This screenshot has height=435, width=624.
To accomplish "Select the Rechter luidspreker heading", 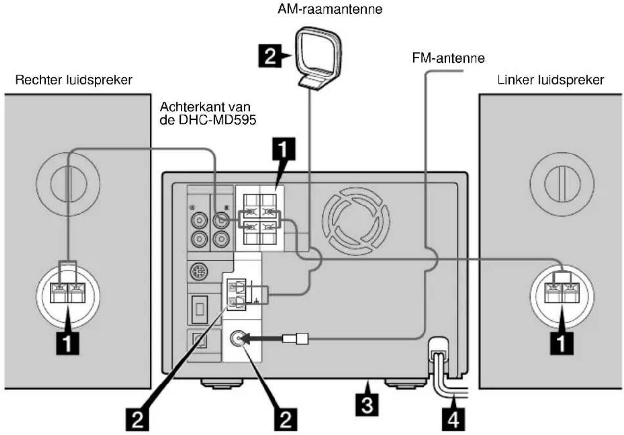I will [74, 80].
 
